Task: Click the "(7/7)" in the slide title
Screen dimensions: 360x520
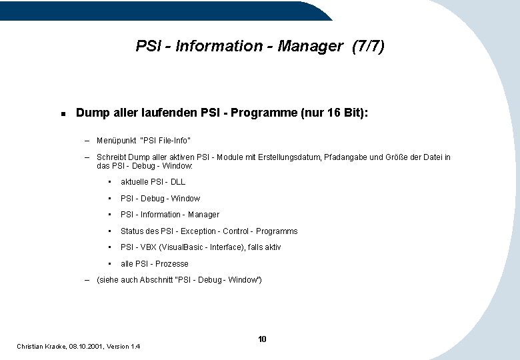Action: pos(368,46)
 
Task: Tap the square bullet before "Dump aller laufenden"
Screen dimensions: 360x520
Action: pos(62,113)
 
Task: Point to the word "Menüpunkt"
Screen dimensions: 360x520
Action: pos(115,140)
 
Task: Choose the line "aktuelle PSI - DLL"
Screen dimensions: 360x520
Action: pos(153,181)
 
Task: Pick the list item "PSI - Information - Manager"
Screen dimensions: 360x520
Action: pos(169,214)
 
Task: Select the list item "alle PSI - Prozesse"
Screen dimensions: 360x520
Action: pos(154,263)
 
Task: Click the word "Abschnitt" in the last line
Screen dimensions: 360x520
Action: pos(157,279)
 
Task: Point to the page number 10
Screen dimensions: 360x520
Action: pos(262,339)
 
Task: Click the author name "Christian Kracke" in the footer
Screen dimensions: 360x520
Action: pos(41,346)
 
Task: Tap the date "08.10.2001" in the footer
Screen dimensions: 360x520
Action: pos(87,346)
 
